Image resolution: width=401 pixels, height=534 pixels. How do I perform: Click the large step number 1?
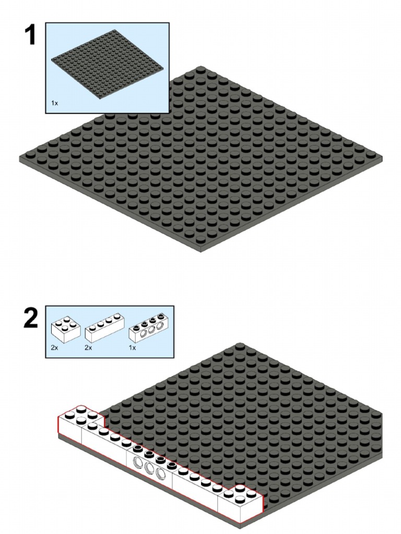coord(31,35)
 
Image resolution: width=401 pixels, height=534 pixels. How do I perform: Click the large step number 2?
coord(31,318)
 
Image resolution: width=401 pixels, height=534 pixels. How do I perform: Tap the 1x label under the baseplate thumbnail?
coord(54,103)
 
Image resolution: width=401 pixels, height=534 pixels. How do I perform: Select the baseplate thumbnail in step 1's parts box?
coord(107,64)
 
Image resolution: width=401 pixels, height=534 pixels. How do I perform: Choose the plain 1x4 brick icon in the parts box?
coord(104,327)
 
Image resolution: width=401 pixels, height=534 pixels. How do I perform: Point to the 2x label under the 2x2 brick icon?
coord(54,348)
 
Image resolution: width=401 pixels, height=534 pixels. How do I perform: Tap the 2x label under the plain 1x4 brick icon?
coord(88,348)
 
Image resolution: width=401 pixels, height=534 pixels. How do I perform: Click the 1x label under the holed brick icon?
coord(132,348)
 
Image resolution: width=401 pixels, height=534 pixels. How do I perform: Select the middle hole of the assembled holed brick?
coord(149,468)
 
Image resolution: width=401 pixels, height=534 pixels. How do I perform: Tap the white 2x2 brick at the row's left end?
coord(80,424)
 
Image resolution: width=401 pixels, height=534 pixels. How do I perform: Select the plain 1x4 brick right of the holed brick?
coord(196,487)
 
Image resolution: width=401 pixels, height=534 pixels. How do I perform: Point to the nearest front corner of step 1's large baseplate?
coord(201,251)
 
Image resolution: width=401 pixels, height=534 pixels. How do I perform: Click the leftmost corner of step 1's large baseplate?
coord(20,159)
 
